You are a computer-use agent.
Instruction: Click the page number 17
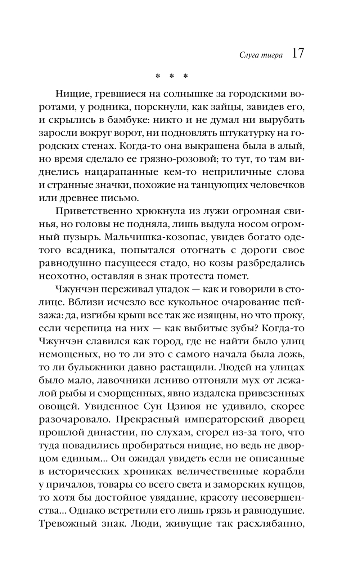click(x=298, y=54)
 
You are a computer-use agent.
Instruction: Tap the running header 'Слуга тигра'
click(x=256, y=55)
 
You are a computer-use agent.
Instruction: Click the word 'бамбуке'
click(x=145, y=120)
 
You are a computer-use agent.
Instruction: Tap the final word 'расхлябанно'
click(x=272, y=523)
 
